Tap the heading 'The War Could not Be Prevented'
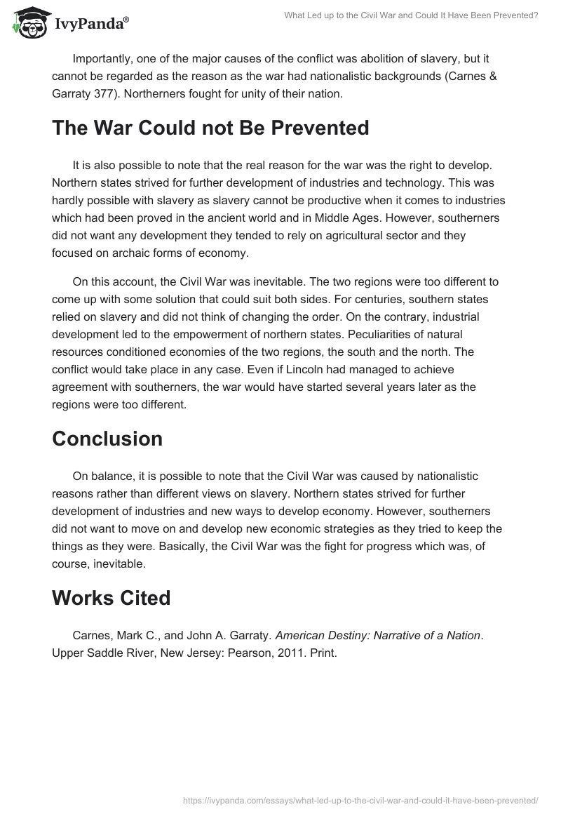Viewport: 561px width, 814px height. (x=210, y=128)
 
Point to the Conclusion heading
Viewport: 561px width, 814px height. (x=107, y=439)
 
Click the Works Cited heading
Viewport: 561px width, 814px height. (x=111, y=598)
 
